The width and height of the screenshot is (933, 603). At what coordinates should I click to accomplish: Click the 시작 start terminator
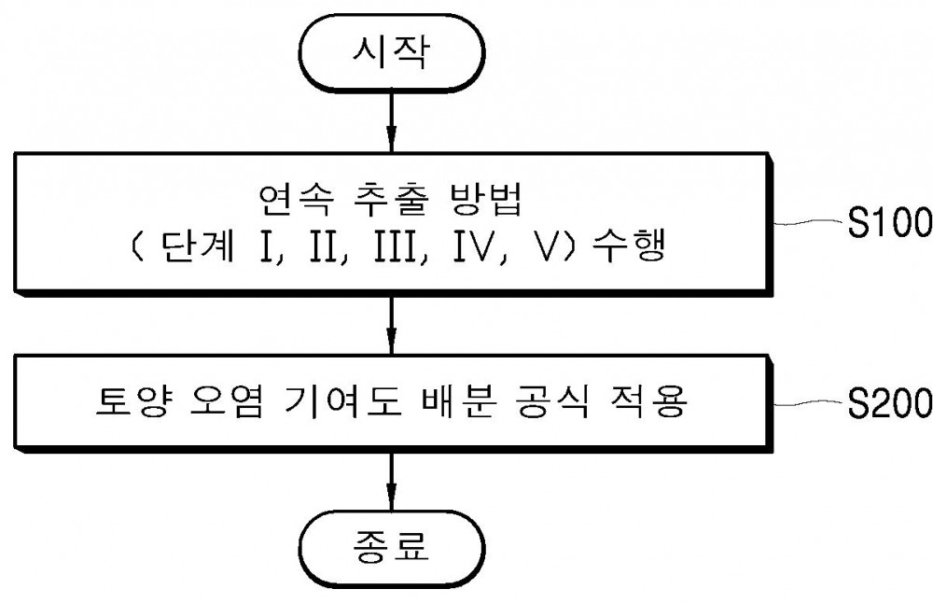point(392,52)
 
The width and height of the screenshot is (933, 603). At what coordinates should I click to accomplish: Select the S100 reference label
point(889,223)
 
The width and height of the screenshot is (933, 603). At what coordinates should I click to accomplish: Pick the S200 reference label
point(889,403)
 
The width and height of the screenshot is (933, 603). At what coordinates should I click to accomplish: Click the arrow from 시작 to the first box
point(391,122)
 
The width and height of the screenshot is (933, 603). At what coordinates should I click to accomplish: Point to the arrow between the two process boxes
point(391,325)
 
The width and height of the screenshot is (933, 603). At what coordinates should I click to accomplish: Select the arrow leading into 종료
point(391,482)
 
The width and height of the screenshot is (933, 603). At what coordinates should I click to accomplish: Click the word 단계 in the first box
point(198,245)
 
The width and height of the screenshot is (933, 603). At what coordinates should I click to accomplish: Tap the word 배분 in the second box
point(457,402)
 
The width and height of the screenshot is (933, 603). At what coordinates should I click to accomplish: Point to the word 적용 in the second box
point(650,402)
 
